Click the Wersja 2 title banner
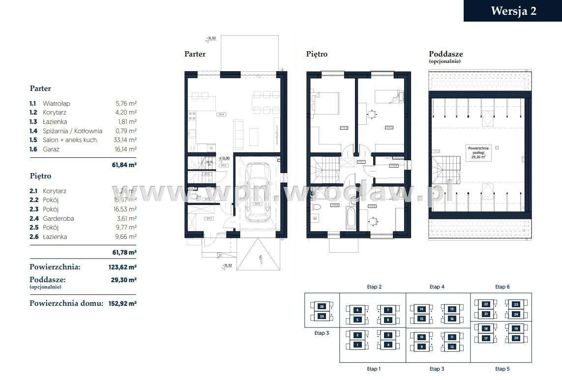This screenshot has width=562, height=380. click(513, 11)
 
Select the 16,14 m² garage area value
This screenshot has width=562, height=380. click(125, 149)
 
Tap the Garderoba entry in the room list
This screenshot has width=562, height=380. click(58, 218)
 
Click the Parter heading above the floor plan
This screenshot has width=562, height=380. click(195, 54)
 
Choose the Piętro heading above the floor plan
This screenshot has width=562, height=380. click(317, 54)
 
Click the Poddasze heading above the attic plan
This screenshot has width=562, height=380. click(445, 54)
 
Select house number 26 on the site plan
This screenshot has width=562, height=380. click(322, 306)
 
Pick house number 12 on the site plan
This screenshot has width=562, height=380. click(452, 347)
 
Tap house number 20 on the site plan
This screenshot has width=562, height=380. click(516, 338)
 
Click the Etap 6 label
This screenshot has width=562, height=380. click(502, 287)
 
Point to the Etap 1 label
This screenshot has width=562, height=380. click(373, 369)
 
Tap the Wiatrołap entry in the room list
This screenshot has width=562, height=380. click(56, 104)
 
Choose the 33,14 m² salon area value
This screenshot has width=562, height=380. click(125, 140)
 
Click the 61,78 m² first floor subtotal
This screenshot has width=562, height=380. click(124, 252)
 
